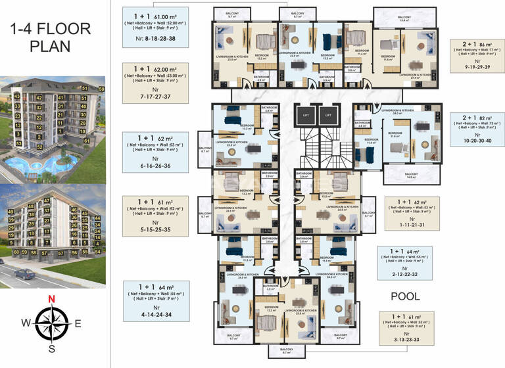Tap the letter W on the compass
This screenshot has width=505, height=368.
point(26,323)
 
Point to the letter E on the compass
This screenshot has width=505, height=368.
point(78,323)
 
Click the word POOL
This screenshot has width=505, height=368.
point(405,296)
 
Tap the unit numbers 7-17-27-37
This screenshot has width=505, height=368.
point(156,97)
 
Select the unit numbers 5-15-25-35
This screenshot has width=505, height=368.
point(156,230)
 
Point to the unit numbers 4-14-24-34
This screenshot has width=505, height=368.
point(156,315)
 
